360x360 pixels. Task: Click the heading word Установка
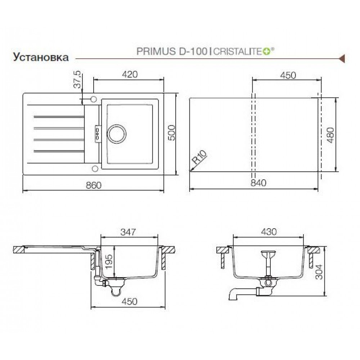coord(41,57)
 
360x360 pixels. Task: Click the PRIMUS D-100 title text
coord(172,51)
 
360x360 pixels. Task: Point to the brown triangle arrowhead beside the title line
coord(342,59)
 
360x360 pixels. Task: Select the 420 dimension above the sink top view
coord(130,75)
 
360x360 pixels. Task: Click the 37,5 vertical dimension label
coord(78,80)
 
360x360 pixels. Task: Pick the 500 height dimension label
coord(171,133)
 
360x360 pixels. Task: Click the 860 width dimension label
coord(94,185)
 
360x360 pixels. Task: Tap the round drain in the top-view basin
coord(117,134)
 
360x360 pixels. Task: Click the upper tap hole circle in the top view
coord(94,99)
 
